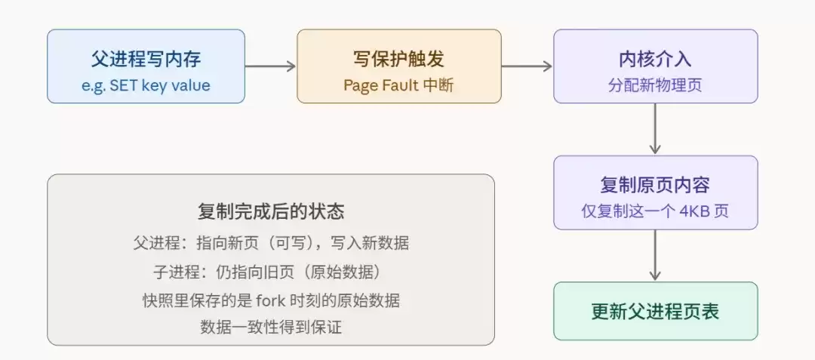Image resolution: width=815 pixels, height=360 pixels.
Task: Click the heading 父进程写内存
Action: click(x=146, y=58)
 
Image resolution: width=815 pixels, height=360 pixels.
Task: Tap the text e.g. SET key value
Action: click(x=146, y=85)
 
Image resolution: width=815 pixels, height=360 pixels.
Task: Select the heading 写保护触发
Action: click(x=398, y=58)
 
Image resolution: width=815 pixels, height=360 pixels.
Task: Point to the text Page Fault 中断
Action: click(x=398, y=85)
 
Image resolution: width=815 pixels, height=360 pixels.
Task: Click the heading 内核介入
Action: click(x=655, y=58)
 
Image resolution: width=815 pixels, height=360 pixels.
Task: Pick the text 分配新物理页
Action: click(x=655, y=85)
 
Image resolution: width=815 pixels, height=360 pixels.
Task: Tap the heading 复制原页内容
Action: click(x=655, y=185)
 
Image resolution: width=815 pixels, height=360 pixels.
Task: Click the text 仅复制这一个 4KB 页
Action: click(x=655, y=212)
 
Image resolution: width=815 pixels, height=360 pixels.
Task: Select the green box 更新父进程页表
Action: click(x=655, y=311)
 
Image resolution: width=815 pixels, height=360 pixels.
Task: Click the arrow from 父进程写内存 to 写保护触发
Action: click(x=270, y=66)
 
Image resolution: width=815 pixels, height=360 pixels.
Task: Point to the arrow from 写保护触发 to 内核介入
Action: click(x=527, y=66)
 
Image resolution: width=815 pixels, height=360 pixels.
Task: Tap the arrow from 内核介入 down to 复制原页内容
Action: click(x=655, y=129)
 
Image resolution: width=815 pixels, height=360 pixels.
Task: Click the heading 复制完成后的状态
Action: click(x=271, y=211)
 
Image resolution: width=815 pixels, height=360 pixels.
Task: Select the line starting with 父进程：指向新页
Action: click(x=271, y=243)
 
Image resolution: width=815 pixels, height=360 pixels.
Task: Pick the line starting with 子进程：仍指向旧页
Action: click(x=271, y=272)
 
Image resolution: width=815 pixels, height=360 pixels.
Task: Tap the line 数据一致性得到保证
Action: click(x=271, y=328)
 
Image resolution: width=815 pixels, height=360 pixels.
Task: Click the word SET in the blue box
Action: click(x=125, y=85)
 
